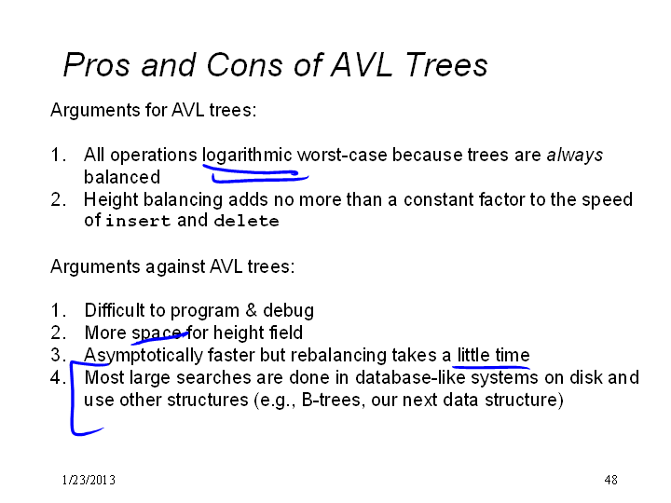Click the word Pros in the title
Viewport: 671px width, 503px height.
click(x=96, y=65)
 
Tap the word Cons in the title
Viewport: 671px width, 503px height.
click(x=244, y=65)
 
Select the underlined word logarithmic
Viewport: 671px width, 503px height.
click(x=247, y=156)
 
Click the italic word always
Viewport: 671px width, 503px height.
click(x=575, y=156)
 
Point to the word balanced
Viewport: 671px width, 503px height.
click(x=122, y=177)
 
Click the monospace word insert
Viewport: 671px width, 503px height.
click(x=138, y=221)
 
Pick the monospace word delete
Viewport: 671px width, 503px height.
click(x=246, y=221)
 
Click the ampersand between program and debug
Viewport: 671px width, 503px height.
click(x=252, y=310)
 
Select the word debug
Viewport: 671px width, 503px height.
click(x=288, y=311)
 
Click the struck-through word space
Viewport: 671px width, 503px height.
click(x=157, y=333)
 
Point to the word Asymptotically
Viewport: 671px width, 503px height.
click(x=144, y=356)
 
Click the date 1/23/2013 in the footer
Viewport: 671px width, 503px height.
click(x=89, y=480)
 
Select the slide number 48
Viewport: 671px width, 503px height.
click(x=611, y=480)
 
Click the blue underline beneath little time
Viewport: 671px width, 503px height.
click(x=491, y=367)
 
